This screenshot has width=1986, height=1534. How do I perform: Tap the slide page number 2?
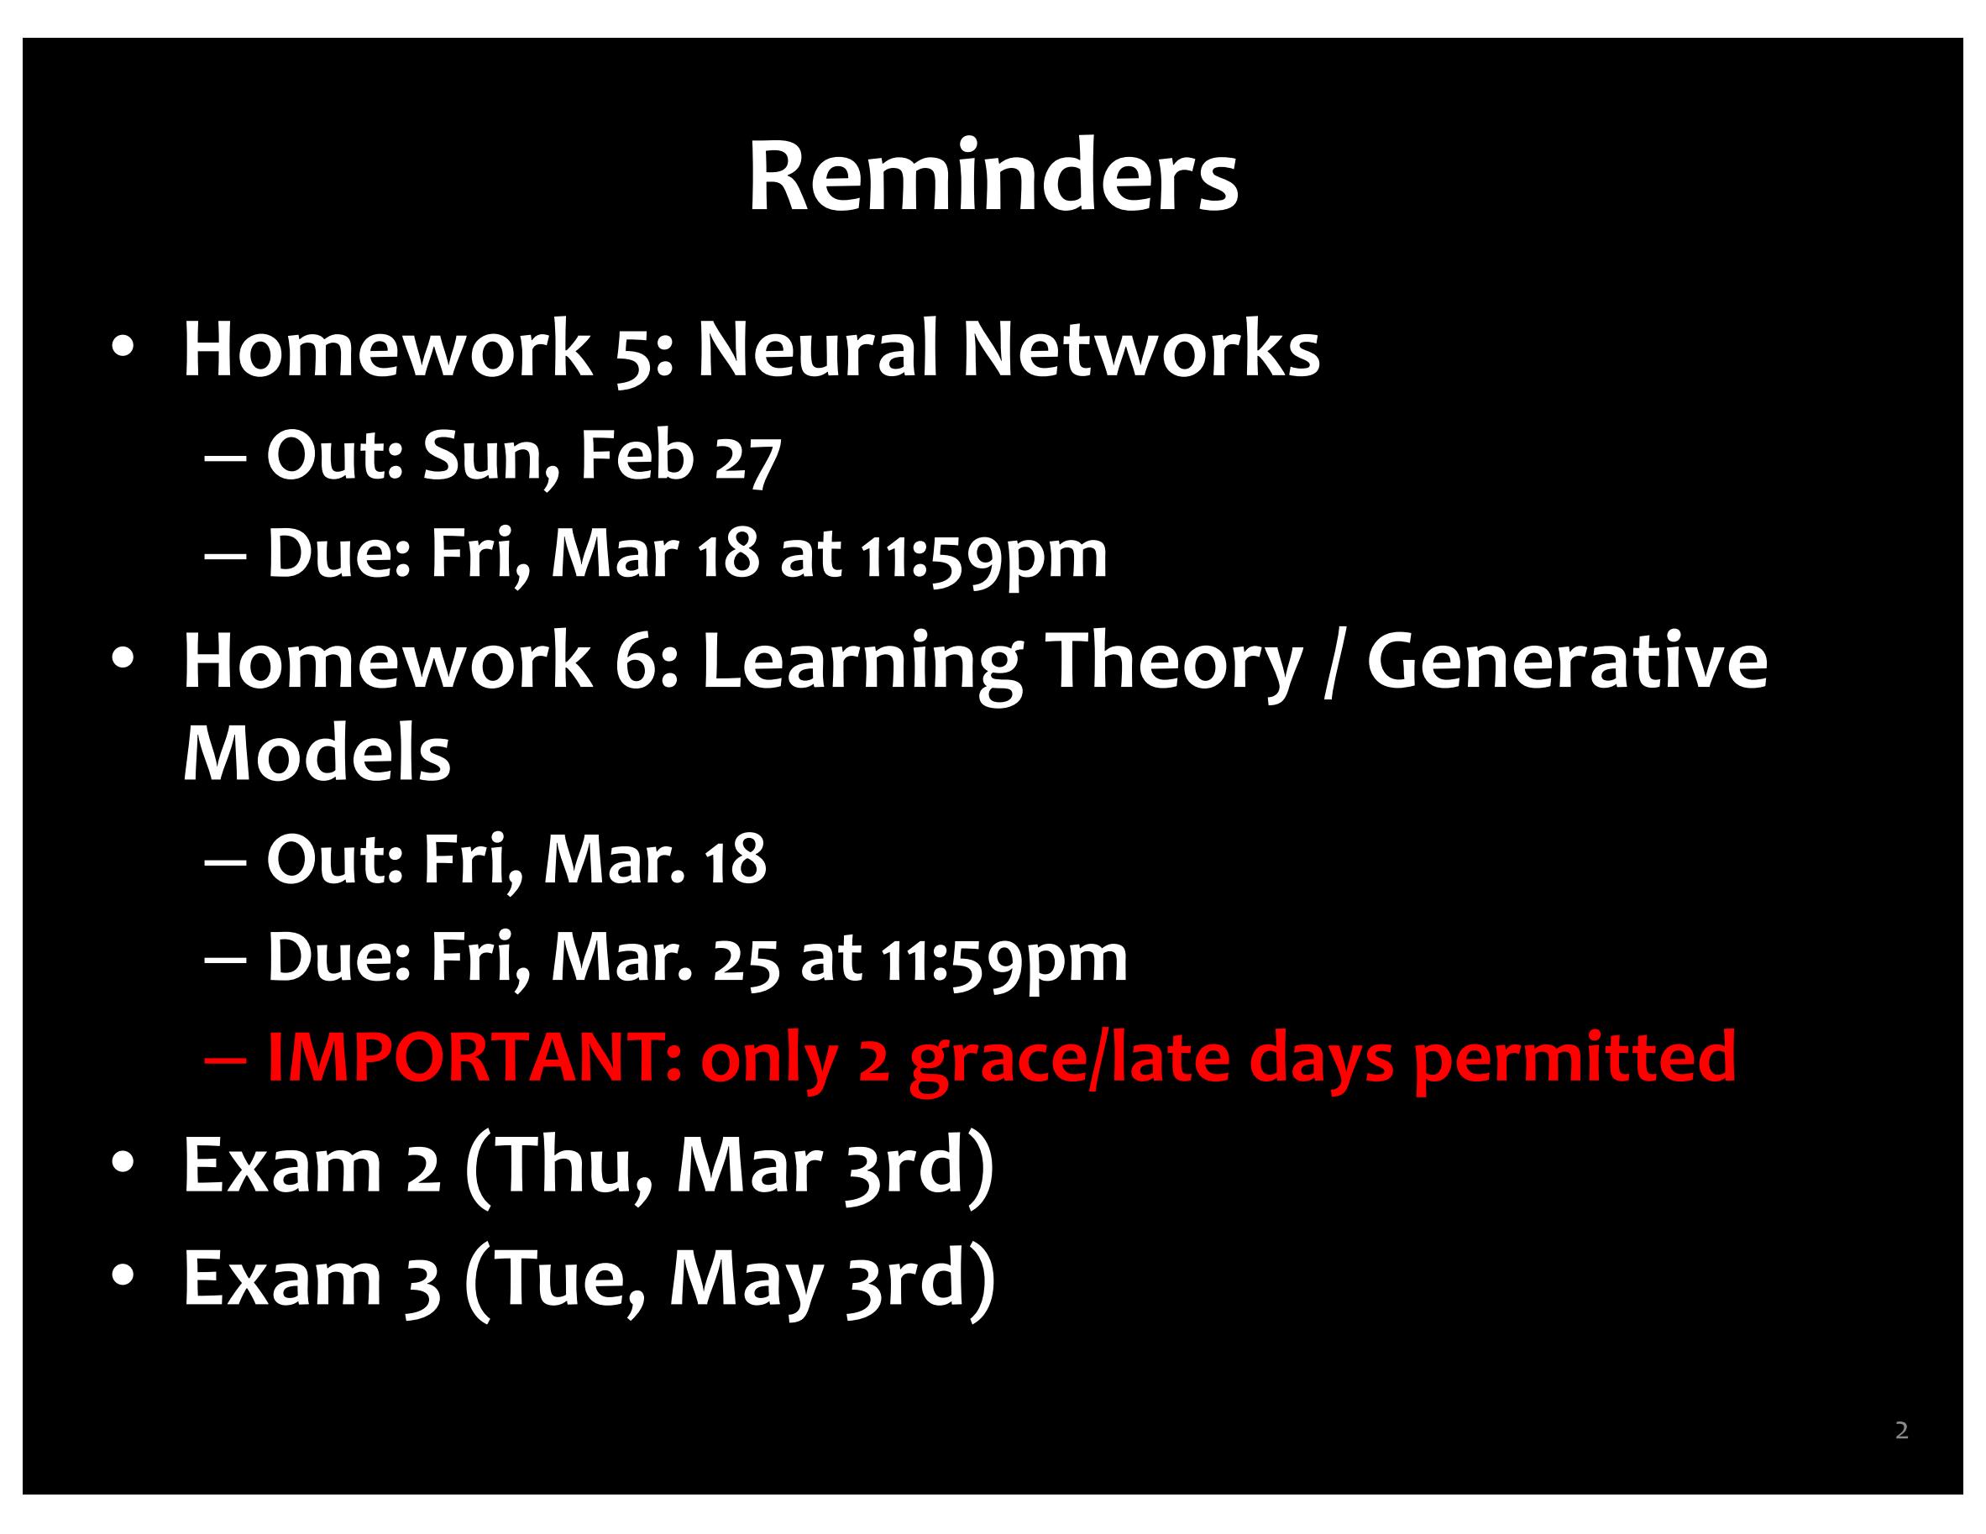pyautogui.click(x=1901, y=1431)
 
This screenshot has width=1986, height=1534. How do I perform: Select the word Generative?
pyautogui.click(x=1568, y=661)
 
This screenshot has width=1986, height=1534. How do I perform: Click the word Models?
pyautogui.click(x=317, y=754)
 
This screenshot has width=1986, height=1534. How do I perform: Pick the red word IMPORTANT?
pyautogui.click(x=473, y=1058)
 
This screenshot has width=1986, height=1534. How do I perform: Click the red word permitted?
pyautogui.click(x=1574, y=1058)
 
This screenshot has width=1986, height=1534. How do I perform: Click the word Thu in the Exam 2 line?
pyautogui.click(x=561, y=1165)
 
